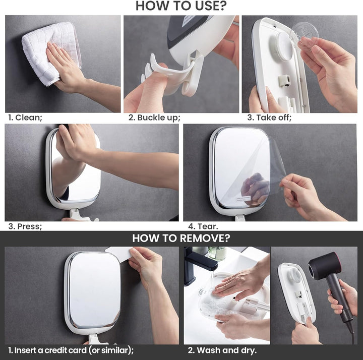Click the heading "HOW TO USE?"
[181, 7]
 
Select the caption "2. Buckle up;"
[154, 117]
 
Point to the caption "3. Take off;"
[269, 117]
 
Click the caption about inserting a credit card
[71, 350]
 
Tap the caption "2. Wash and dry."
[222, 350]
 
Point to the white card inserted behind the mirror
[118, 252]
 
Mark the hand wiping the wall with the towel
[66, 71]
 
